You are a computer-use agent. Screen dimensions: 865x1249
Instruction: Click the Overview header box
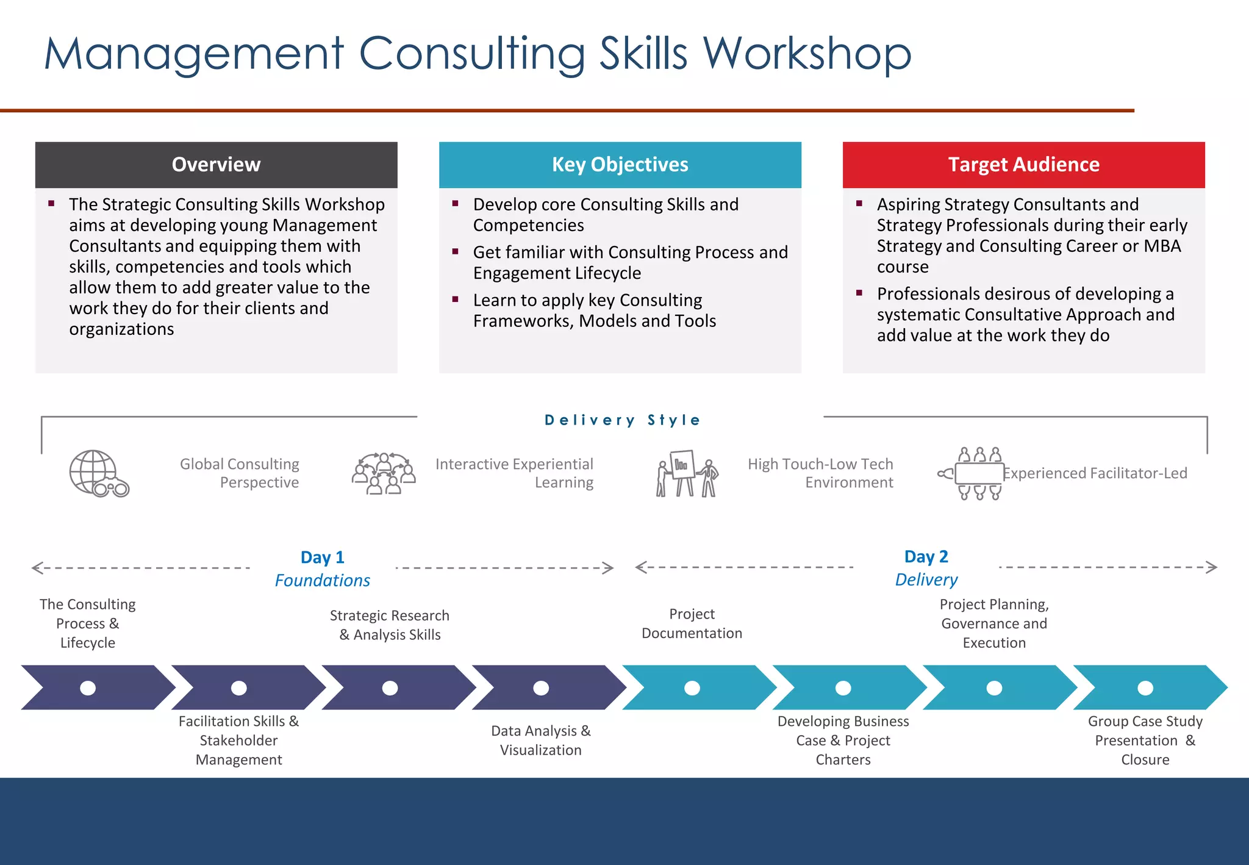pos(216,165)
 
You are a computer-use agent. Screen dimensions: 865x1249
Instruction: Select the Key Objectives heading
pos(620,165)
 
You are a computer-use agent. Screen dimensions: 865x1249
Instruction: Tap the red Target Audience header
pos(1023,165)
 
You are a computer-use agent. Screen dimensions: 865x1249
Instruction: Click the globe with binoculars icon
pos(98,473)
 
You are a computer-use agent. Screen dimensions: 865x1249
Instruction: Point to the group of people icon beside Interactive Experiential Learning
pos(384,473)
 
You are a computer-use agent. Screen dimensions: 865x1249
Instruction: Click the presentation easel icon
pos(687,473)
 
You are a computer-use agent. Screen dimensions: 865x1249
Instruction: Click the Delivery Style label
pos(622,420)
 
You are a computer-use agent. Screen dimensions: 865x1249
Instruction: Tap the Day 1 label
pos(322,557)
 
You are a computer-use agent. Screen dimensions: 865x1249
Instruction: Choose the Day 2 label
pos(926,556)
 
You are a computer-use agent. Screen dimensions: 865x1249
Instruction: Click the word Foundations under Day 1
pos(322,580)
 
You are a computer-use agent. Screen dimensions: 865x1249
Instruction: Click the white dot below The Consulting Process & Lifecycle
pos(88,688)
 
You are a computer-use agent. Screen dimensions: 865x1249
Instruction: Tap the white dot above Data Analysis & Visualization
pos(541,688)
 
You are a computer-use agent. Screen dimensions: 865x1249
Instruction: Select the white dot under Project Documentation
pos(692,688)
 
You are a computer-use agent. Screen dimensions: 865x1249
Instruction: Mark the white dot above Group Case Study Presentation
pos(1145,688)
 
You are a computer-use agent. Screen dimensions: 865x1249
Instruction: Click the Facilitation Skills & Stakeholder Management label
pos(238,740)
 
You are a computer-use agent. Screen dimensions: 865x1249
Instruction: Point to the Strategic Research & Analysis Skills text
pos(390,625)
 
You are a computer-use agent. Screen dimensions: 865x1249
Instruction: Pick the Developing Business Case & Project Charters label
pos(843,740)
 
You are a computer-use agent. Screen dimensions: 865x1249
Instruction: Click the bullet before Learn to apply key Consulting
pos(455,300)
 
